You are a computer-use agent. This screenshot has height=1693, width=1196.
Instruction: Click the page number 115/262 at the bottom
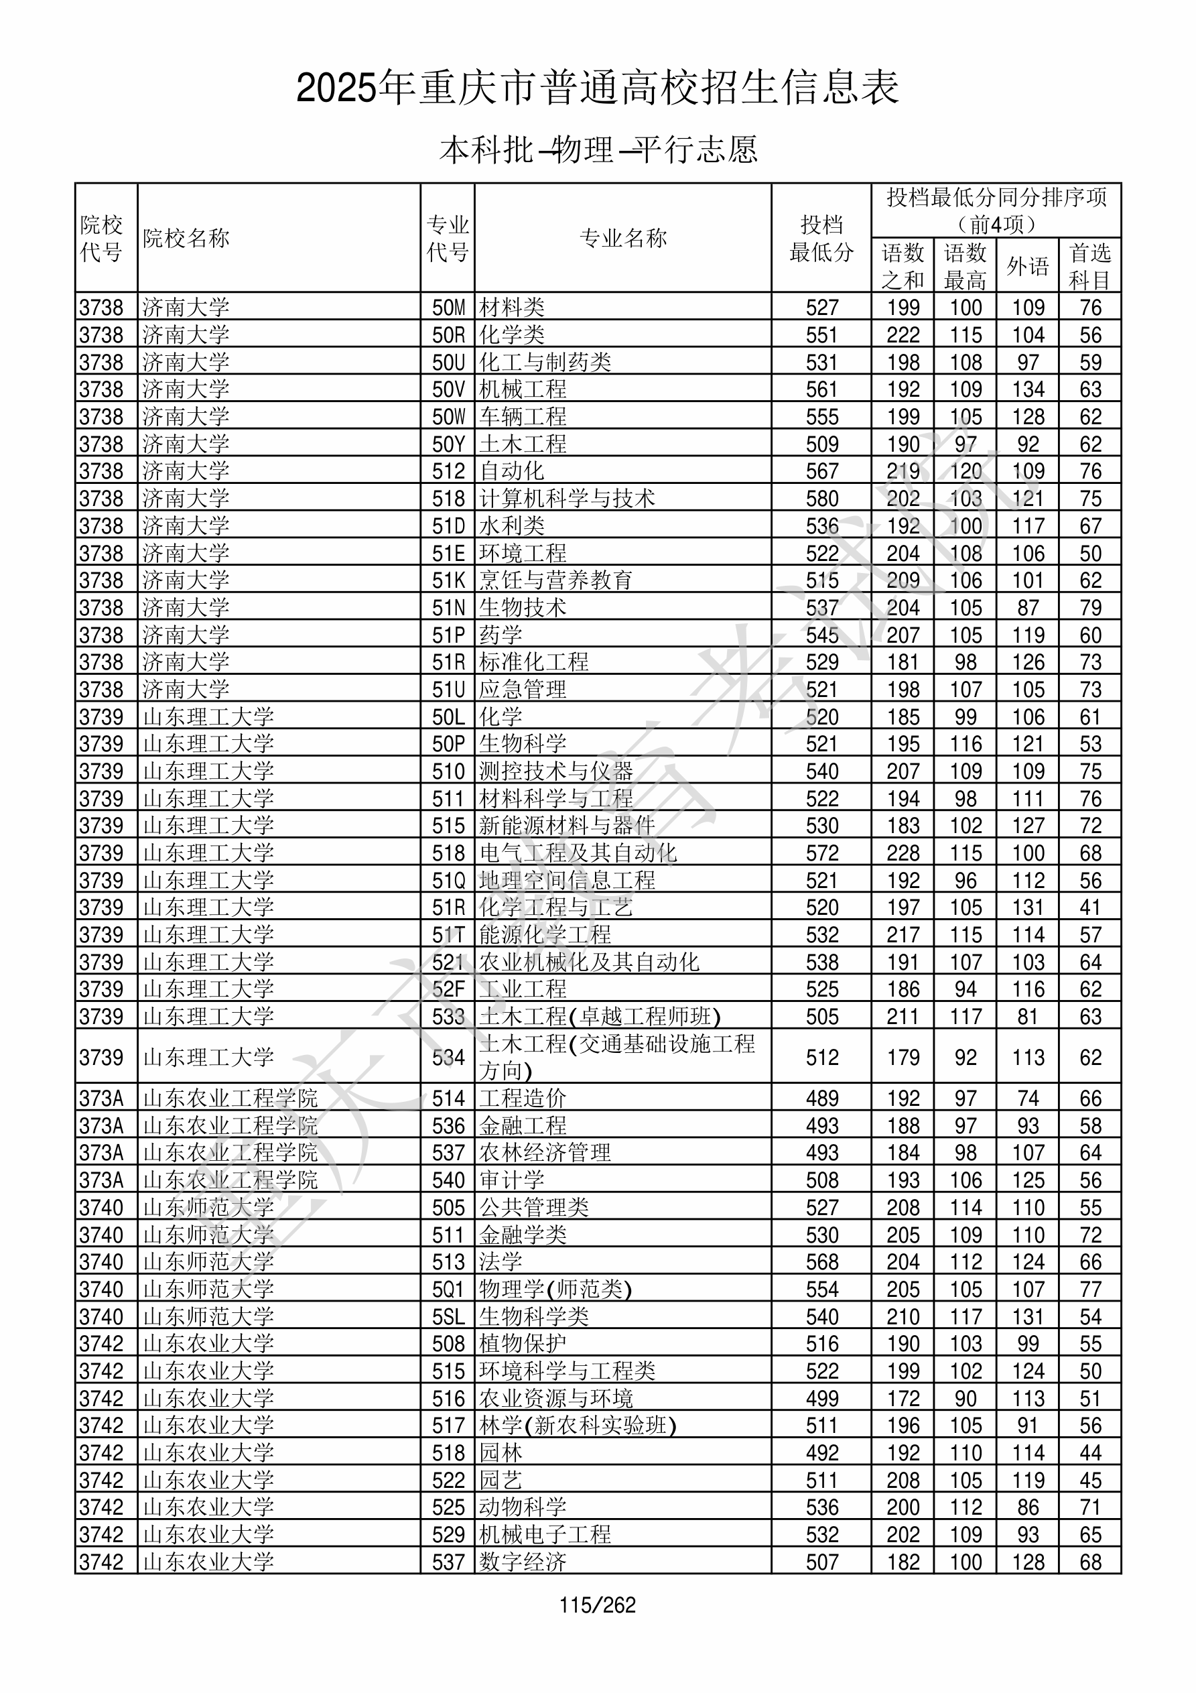pos(597,1605)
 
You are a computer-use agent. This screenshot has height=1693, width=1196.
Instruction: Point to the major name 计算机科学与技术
pos(567,499)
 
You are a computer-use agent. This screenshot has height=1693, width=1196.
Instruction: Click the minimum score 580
pos(821,499)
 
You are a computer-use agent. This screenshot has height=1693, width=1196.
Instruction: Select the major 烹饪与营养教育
pos(556,580)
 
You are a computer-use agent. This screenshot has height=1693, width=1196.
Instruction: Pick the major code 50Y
pos(448,444)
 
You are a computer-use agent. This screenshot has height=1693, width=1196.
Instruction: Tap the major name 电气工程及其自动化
pos(578,853)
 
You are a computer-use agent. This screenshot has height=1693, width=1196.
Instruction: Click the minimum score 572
pos(821,853)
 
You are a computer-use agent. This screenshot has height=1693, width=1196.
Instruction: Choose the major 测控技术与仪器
pos(556,771)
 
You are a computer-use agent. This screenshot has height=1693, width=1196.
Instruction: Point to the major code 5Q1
pos(448,1290)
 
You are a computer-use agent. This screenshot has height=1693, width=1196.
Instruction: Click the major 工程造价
pos(523,1099)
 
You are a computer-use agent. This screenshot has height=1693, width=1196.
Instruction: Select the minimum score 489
pos(821,1099)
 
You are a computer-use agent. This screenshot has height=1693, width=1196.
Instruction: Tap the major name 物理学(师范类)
pos(556,1290)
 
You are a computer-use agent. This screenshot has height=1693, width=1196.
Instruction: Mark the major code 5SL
pos(448,1317)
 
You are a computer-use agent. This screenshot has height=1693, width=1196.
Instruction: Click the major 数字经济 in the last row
pos(523,1562)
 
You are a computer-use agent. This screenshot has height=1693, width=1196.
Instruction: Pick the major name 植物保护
pos(523,1344)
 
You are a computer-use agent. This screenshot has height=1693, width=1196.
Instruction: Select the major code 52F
pos(448,989)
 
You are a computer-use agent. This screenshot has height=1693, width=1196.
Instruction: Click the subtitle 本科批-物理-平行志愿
pos(598,149)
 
